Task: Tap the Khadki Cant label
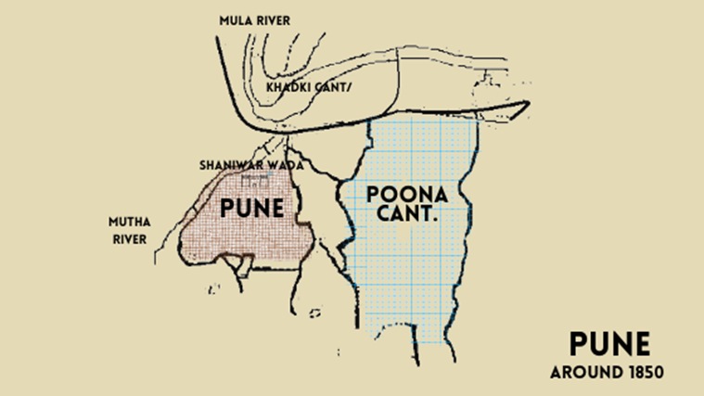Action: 309,86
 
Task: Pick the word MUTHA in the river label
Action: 131,223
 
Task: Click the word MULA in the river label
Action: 234,19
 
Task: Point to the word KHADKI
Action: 288,86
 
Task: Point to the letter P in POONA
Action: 375,195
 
